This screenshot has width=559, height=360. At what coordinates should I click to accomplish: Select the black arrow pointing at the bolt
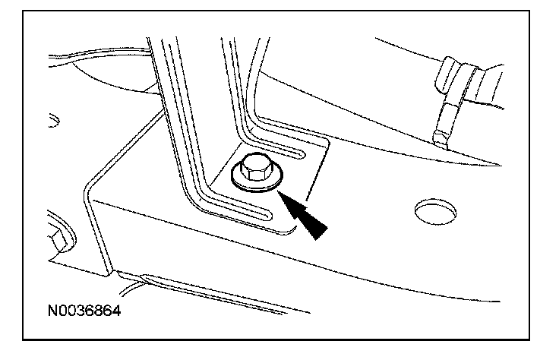307,216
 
